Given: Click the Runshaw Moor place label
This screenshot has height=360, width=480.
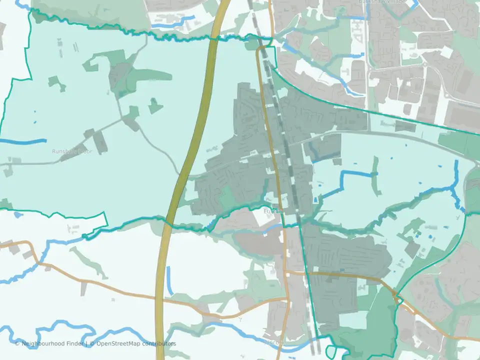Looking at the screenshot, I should click(72, 151).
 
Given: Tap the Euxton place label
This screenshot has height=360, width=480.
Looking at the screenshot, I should click(273, 211).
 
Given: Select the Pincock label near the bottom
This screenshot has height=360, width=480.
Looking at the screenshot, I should click(274, 343).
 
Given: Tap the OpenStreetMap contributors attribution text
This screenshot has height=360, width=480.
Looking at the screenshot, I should click(136, 343).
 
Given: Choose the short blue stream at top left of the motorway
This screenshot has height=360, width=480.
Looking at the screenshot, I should click(172, 22).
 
